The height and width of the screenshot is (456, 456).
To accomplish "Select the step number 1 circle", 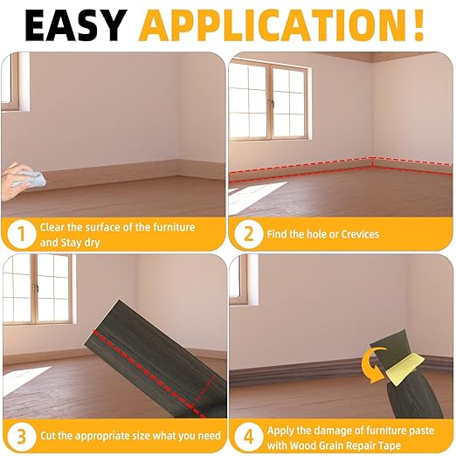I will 19,233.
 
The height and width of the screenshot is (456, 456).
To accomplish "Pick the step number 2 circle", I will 247,233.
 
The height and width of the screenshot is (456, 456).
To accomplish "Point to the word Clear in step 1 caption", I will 54,227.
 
